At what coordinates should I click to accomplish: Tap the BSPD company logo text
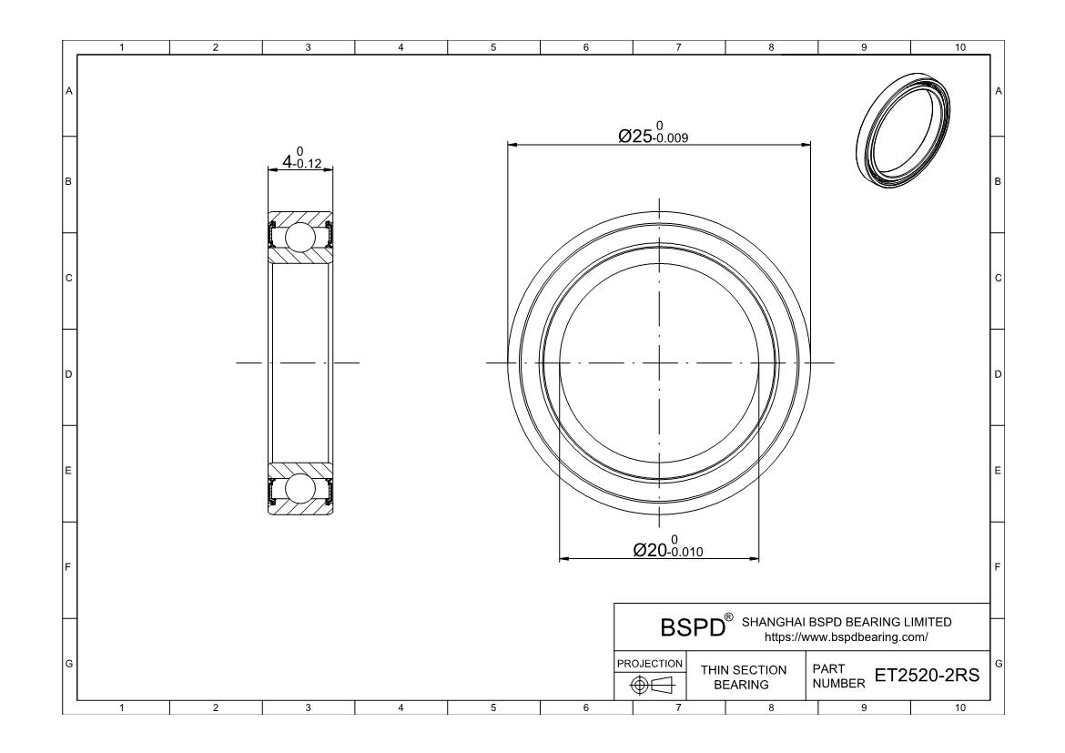(x=693, y=628)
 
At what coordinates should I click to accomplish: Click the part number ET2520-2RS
(x=928, y=675)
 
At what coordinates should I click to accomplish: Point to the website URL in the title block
(x=847, y=637)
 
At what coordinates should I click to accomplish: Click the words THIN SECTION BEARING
(x=743, y=677)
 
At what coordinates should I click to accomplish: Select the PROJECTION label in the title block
(x=649, y=663)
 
